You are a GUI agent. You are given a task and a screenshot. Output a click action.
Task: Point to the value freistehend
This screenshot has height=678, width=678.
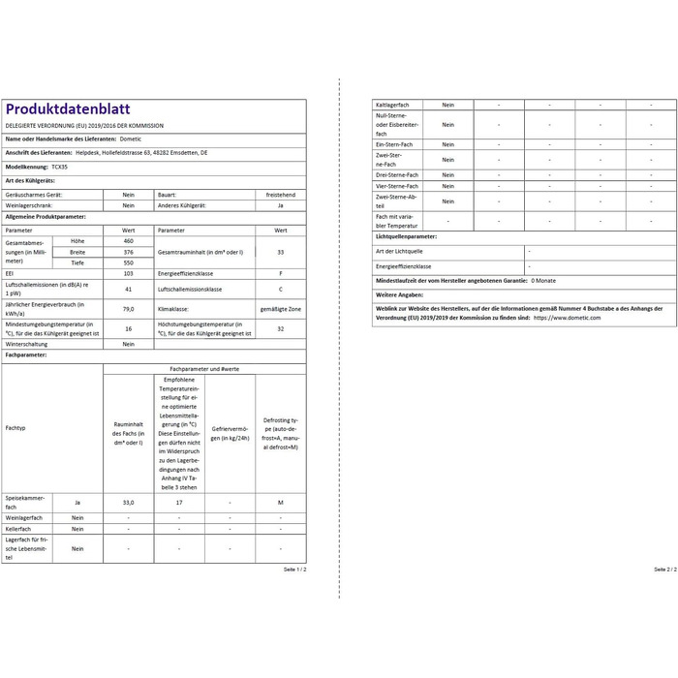280,194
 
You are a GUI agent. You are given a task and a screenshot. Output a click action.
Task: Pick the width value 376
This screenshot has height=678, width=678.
128,251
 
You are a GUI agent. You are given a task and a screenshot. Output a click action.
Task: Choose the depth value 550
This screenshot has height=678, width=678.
128,262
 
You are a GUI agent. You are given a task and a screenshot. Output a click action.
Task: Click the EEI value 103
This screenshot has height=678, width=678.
128,275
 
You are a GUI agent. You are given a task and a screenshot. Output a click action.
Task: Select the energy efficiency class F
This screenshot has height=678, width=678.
280,275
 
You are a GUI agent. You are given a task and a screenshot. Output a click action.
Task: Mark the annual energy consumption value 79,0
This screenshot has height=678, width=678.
128,308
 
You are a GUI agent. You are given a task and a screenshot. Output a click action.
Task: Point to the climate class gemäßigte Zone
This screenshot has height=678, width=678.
280,308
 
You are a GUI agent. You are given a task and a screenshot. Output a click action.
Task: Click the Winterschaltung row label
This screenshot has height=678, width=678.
29,344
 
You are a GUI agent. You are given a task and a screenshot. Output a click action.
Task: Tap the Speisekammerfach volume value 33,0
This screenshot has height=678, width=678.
128,503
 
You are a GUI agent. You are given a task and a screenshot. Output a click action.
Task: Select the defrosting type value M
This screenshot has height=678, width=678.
280,503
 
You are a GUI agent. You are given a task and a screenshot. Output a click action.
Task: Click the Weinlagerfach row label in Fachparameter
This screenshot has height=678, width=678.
24,517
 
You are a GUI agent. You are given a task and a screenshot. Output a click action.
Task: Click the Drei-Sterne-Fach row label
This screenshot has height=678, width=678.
396,174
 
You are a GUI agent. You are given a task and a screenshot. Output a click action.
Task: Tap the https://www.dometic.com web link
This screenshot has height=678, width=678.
567,317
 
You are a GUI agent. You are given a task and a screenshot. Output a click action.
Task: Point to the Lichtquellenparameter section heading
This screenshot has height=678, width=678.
406,236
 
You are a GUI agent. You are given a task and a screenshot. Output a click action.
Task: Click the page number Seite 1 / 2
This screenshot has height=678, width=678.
294,570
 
